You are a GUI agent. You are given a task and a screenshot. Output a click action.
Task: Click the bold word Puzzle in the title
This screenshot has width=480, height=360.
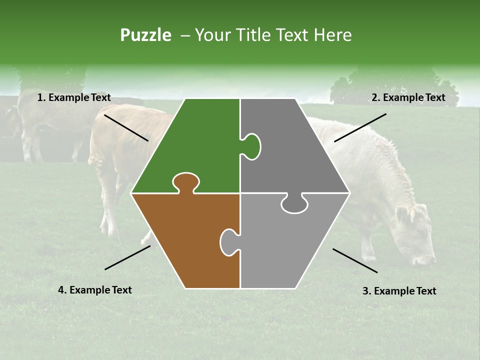click(x=145, y=35)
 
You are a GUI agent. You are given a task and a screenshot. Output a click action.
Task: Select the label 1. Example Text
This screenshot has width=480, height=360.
click(x=74, y=97)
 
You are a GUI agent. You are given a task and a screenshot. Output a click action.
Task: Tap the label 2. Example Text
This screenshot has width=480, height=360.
click(x=408, y=97)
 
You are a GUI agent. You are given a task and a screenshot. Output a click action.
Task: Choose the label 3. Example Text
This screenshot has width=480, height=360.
click(x=399, y=291)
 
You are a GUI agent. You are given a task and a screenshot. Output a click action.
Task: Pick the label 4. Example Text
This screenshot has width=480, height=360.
click(x=95, y=290)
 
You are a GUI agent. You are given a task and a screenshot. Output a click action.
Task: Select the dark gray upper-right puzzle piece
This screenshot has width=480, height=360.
click(x=295, y=150)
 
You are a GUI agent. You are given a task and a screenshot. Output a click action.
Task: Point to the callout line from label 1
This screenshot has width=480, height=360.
click(x=126, y=127)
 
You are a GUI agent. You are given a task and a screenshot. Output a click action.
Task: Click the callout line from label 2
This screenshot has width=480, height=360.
click(x=360, y=127)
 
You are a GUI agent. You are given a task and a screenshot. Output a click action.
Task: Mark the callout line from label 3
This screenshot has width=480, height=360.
click(x=355, y=260)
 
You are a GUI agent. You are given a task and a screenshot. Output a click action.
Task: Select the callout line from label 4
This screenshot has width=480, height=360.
click(x=127, y=257)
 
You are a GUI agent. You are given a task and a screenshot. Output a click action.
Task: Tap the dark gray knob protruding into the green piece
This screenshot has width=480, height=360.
click(x=252, y=146)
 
